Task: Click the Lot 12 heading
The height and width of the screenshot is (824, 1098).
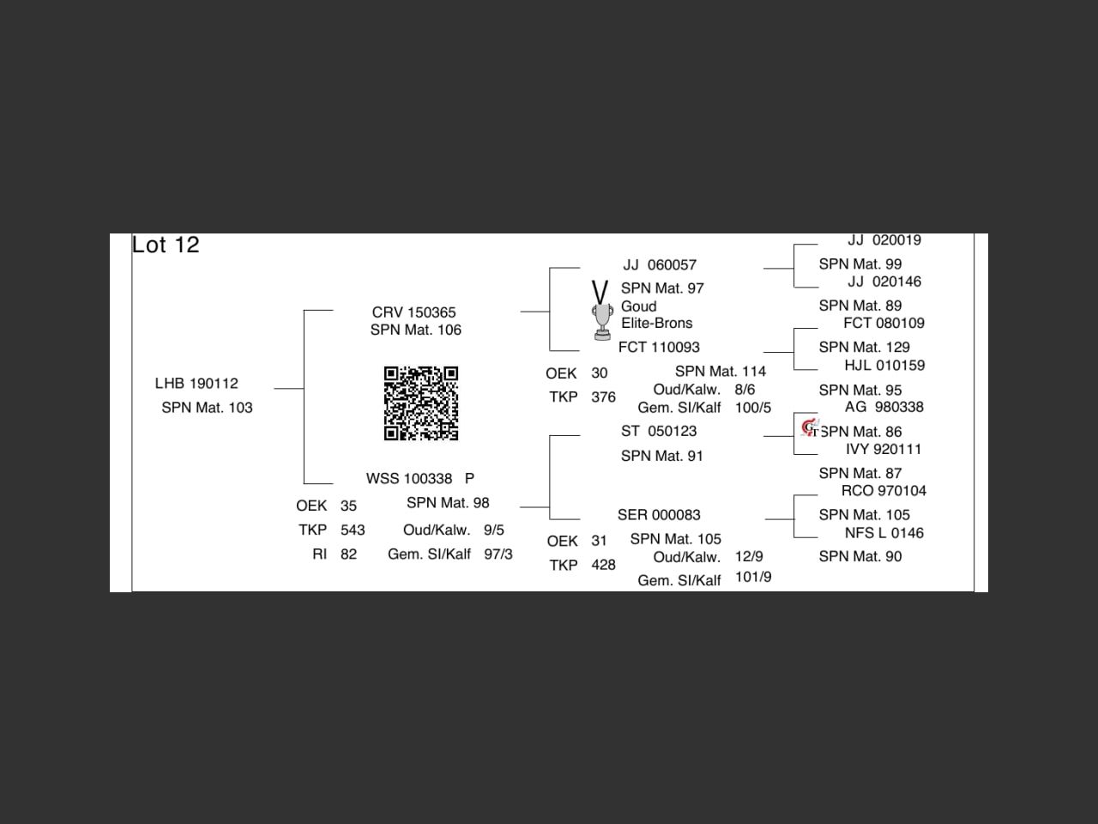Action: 166,245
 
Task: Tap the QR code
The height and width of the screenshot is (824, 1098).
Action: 420,403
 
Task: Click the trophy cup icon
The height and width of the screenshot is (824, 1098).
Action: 602,322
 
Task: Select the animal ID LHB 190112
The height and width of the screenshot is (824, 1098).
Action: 196,384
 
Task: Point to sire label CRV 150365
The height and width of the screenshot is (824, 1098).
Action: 413,312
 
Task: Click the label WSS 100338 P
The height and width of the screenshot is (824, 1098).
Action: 419,479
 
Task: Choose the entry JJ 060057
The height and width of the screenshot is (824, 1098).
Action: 660,265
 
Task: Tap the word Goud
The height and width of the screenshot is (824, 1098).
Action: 638,306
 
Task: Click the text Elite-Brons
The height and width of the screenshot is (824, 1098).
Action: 656,324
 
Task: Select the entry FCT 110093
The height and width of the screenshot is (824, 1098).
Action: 659,348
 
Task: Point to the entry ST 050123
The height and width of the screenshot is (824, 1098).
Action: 659,432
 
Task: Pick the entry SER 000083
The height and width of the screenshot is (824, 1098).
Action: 659,515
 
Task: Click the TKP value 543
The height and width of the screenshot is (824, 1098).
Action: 353,530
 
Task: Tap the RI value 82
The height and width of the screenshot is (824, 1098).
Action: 348,554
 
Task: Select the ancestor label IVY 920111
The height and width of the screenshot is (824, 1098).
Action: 884,450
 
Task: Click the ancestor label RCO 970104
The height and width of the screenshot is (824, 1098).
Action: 884,491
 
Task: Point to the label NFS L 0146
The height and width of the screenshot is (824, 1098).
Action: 884,533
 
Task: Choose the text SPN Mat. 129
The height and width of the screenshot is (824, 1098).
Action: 864,348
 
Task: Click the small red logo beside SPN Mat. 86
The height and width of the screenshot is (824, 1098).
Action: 809,427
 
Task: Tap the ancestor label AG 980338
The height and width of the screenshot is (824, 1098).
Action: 884,408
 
